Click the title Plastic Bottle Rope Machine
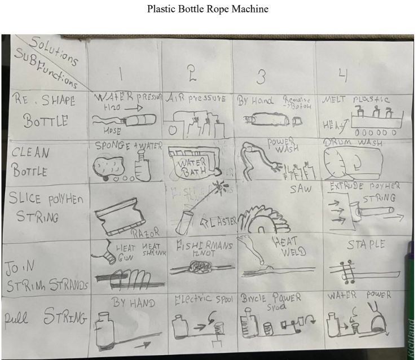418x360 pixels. tap(209, 9)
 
